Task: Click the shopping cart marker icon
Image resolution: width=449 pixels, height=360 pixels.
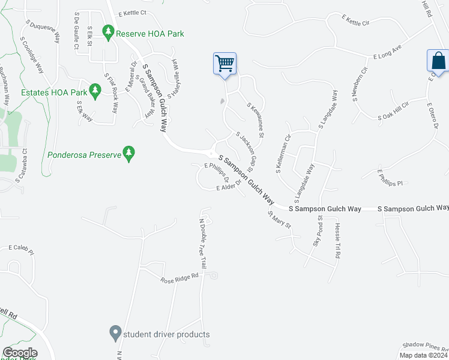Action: [224, 63]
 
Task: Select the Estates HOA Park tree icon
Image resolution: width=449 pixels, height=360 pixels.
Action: [94, 90]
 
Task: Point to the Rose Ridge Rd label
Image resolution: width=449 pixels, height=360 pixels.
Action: [179, 278]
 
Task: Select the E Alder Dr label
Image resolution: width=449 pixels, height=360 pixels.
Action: [228, 187]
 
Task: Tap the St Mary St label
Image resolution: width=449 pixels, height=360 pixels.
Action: [279, 220]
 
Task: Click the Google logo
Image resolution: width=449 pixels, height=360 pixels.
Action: [19, 353]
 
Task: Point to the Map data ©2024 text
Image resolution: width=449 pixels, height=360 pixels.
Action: [423, 355]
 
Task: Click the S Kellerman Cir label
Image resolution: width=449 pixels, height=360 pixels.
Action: [283, 153]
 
